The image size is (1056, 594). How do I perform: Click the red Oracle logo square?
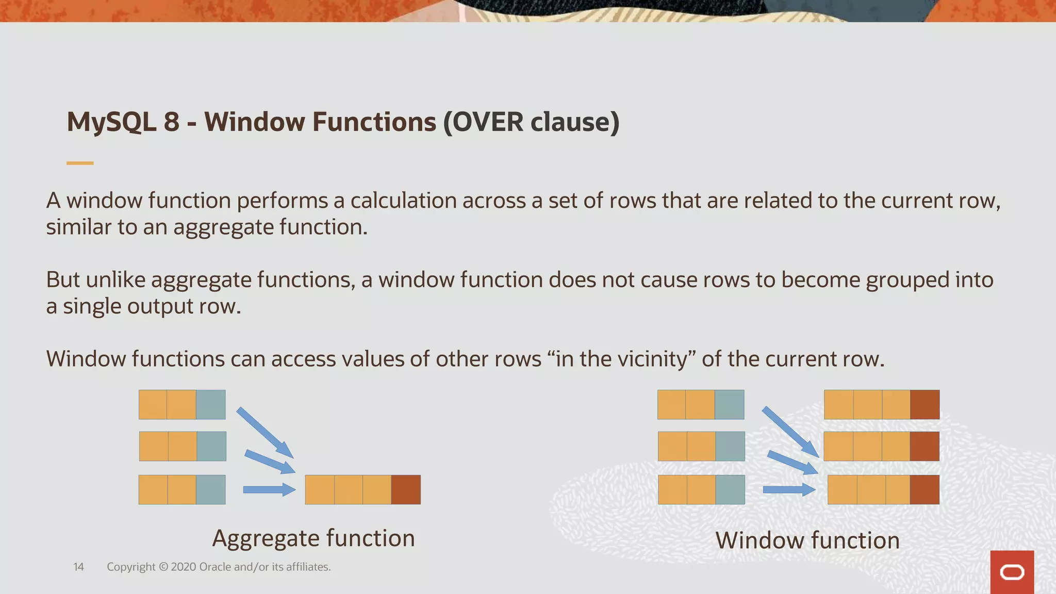pyautogui.click(x=1012, y=572)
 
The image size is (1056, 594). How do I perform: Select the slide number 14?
pyautogui.click(x=78, y=567)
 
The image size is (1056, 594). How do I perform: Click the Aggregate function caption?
pyautogui.click(x=313, y=538)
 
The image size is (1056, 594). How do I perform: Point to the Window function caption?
pyautogui.click(x=807, y=540)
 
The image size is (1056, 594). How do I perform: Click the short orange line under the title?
pyautogui.click(x=80, y=163)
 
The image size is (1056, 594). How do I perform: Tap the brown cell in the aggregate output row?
pyautogui.click(x=406, y=489)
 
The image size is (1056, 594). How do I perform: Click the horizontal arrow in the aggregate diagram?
pyautogui.click(x=269, y=489)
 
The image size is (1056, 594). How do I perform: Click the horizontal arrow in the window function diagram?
pyautogui.click(x=789, y=489)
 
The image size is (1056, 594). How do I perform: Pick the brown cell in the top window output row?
pyautogui.click(x=925, y=405)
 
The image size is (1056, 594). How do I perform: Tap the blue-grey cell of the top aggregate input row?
pyautogui.click(x=210, y=405)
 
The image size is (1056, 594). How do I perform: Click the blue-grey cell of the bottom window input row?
pyautogui.click(x=730, y=489)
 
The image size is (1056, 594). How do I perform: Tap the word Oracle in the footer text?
pyautogui.click(x=215, y=567)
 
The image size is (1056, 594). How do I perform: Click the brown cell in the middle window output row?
pyautogui.click(x=925, y=446)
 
